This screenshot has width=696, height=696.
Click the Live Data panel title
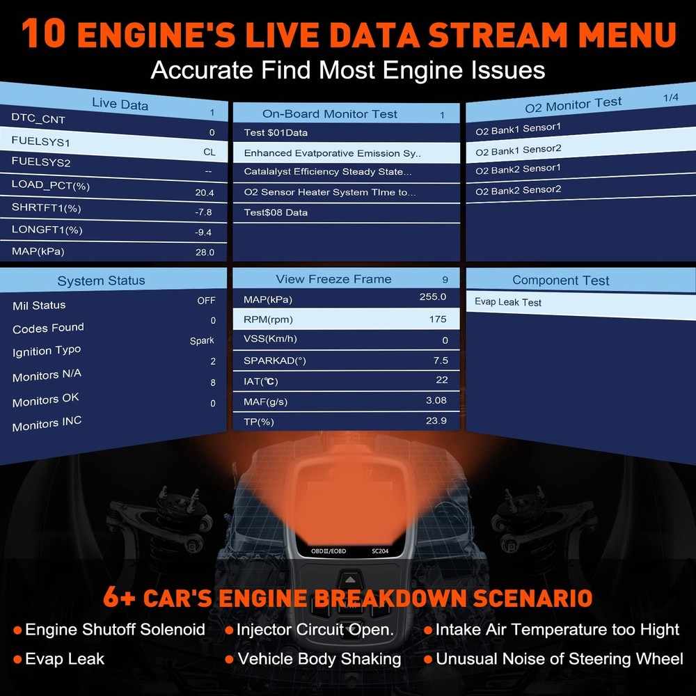tap(120, 104)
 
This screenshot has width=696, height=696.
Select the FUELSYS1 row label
tap(41, 141)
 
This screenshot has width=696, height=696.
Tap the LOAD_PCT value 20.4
tap(205, 193)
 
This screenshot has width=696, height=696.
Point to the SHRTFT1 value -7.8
tap(203, 212)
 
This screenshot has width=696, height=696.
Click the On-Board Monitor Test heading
tap(329, 114)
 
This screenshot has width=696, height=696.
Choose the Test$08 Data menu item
tap(276, 212)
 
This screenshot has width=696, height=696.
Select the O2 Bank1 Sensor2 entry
tap(519, 150)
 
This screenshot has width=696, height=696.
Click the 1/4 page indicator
tap(671, 97)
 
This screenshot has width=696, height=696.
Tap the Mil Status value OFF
tap(207, 301)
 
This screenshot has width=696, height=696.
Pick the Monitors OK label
tap(46, 400)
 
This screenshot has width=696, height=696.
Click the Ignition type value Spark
tap(202, 340)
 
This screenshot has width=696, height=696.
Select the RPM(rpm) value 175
tap(438, 319)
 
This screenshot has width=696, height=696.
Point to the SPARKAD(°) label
tap(275, 361)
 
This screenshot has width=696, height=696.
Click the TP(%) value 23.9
tap(436, 420)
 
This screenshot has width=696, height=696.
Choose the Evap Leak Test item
tap(508, 302)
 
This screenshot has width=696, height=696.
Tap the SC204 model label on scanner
tap(380, 551)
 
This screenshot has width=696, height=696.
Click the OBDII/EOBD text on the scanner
tap(329, 551)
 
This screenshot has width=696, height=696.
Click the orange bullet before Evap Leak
tap(18, 660)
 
